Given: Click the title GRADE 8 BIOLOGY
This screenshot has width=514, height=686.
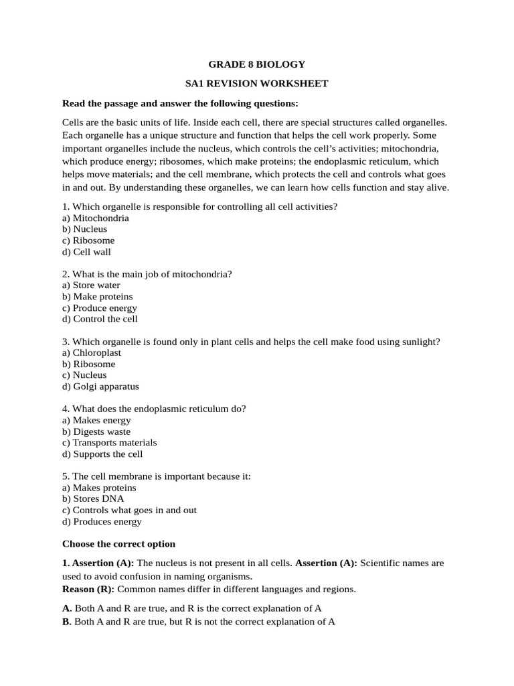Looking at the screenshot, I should pos(257,64).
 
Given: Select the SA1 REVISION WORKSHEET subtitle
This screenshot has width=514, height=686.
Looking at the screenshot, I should pos(257,84).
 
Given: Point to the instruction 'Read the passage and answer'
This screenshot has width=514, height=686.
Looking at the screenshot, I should pos(180,103).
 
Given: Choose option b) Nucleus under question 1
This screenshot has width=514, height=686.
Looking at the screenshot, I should pos(84,229).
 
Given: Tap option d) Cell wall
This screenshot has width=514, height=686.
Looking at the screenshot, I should pos(86,252).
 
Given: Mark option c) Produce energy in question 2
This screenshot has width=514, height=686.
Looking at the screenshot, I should pos(100,308).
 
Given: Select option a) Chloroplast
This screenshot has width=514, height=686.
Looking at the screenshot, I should pos(92,352).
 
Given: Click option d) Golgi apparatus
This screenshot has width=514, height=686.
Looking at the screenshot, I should pos(100,387).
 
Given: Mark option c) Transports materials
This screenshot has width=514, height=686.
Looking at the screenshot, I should pos(109,443).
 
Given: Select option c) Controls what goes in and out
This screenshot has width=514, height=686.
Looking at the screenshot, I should pos(129,510).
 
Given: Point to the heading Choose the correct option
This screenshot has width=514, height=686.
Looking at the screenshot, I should pos(118,544).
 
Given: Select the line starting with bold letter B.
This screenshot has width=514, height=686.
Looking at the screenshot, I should pos(199,622).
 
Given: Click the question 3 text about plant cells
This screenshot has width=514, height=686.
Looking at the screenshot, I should pos(251,342).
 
